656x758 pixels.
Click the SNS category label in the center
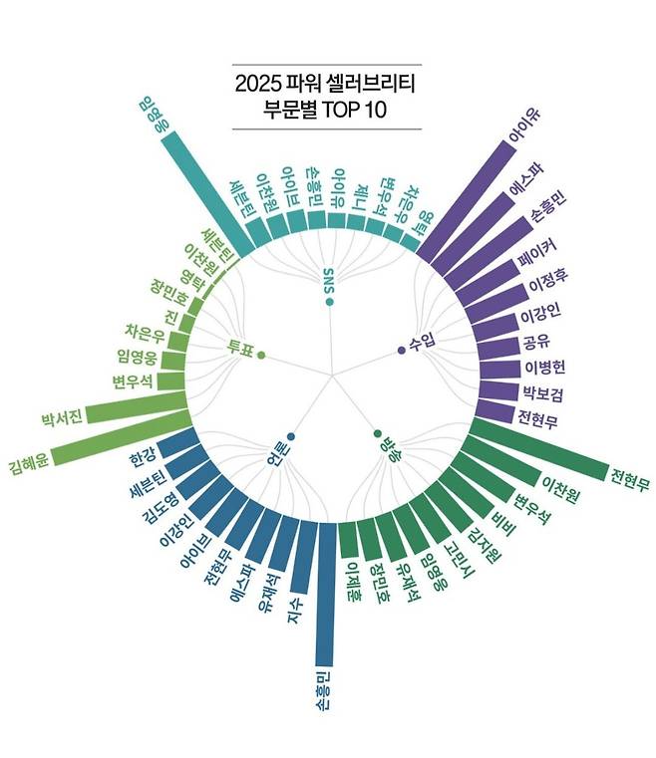(x=329, y=281)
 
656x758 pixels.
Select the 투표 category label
(x=239, y=347)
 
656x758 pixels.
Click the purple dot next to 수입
(x=402, y=350)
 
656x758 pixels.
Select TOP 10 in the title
(x=354, y=111)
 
